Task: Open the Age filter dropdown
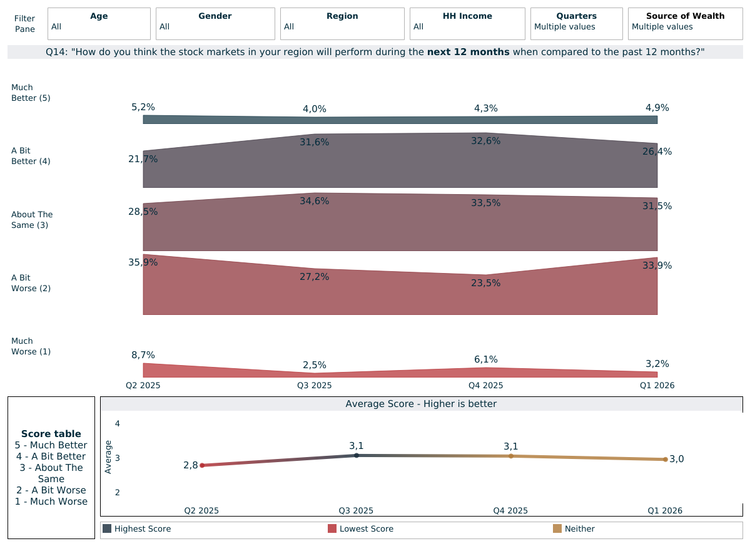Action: (99, 24)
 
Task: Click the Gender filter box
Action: (215, 24)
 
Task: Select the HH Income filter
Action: (467, 24)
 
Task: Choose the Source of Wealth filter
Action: (685, 24)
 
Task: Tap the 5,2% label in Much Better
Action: (143, 107)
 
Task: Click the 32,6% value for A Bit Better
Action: (485, 141)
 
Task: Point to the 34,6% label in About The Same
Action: (314, 201)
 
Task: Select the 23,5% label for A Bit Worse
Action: (485, 283)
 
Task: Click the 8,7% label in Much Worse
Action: (143, 355)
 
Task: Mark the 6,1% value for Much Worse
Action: (485, 359)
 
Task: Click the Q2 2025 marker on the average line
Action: (202, 465)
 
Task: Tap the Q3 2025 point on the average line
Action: (357, 455)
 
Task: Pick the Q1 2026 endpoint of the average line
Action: (665, 460)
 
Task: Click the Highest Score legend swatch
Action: (107, 528)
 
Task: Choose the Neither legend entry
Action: (579, 529)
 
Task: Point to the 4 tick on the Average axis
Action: (117, 424)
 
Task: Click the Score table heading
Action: (51, 433)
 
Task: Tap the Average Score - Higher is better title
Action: (421, 404)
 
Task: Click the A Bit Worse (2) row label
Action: (31, 283)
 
